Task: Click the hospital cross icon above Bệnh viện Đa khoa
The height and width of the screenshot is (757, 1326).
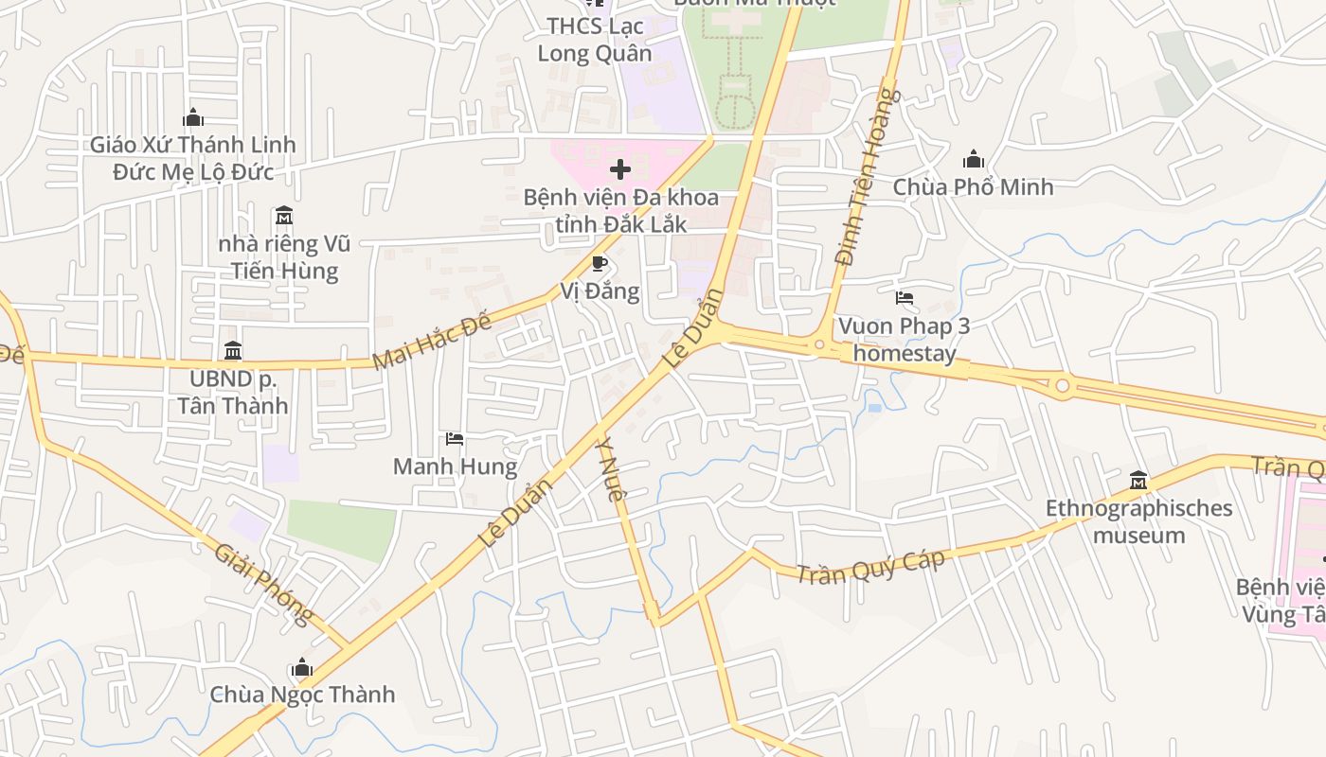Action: pyautogui.click(x=620, y=169)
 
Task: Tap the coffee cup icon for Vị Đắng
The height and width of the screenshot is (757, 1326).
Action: pyautogui.click(x=599, y=263)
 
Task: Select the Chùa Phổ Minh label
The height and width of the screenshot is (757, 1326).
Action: pyautogui.click(x=973, y=186)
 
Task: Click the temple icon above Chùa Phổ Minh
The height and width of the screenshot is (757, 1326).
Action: pyautogui.click(x=973, y=160)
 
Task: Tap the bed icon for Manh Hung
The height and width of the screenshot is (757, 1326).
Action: pyautogui.click(x=455, y=439)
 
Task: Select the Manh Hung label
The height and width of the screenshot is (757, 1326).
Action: pyautogui.click(x=455, y=467)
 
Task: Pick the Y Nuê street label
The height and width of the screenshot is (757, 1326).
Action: pyautogui.click(x=611, y=468)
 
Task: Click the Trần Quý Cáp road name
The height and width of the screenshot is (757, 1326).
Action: pyautogui.click(x=870, y=566)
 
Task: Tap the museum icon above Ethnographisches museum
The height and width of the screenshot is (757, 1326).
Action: pyautogui.click(x=1138, y=481)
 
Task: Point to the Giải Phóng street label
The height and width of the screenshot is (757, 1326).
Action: pyautogui.click(x=263, y=584)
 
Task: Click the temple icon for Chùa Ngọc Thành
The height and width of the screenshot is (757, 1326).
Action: pyautogui.click(x=302, y=668)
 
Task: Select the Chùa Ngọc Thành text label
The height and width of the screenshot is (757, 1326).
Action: pyautogui.click(x=302, y=695)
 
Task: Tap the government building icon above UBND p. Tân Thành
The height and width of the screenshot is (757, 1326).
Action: pyautogui.click(x=233, y=351)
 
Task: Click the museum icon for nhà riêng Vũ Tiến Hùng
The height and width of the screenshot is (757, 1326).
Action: pyautogui.click(x=283, y=217)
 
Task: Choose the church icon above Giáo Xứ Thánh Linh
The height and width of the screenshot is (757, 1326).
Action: pyautogui.click(x=193, y=117)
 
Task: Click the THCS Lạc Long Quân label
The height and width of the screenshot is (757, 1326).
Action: pyautogui.click(x=595, y=39)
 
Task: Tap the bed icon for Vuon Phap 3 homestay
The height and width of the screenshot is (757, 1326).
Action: pyautogui.click(x=905, y=298)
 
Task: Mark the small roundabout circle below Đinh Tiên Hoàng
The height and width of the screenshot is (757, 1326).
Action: pyautogui.click(x=819, y=345)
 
